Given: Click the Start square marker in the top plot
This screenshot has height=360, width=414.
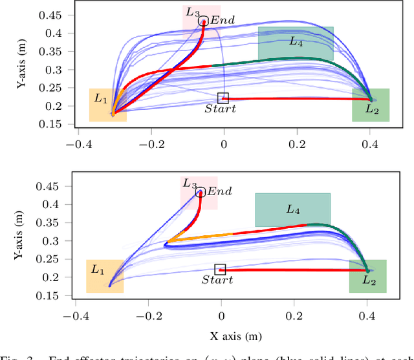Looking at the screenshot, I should tap(223, 98).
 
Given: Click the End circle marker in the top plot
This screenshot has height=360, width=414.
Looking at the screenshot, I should tap(203, 21).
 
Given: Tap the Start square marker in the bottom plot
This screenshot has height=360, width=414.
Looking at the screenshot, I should tap(221, 269).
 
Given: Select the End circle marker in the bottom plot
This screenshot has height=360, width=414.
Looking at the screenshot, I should tap(201, 192).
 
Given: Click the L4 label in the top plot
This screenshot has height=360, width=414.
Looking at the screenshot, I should tap(295, 41).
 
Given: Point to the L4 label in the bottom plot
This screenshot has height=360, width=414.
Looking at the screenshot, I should tap(293, 210).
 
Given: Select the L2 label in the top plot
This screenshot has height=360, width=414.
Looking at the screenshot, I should tap(371, 109).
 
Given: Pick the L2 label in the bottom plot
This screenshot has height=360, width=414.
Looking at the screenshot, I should tap(369, 280).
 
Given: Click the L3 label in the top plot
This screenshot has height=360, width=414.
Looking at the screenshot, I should tap(192, 12).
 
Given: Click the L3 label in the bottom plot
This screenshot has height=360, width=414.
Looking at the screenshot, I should tap(190, 184).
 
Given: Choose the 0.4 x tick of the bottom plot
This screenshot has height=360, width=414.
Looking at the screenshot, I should tap(367, 317).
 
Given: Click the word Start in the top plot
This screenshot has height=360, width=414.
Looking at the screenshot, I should tap(220, 109).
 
